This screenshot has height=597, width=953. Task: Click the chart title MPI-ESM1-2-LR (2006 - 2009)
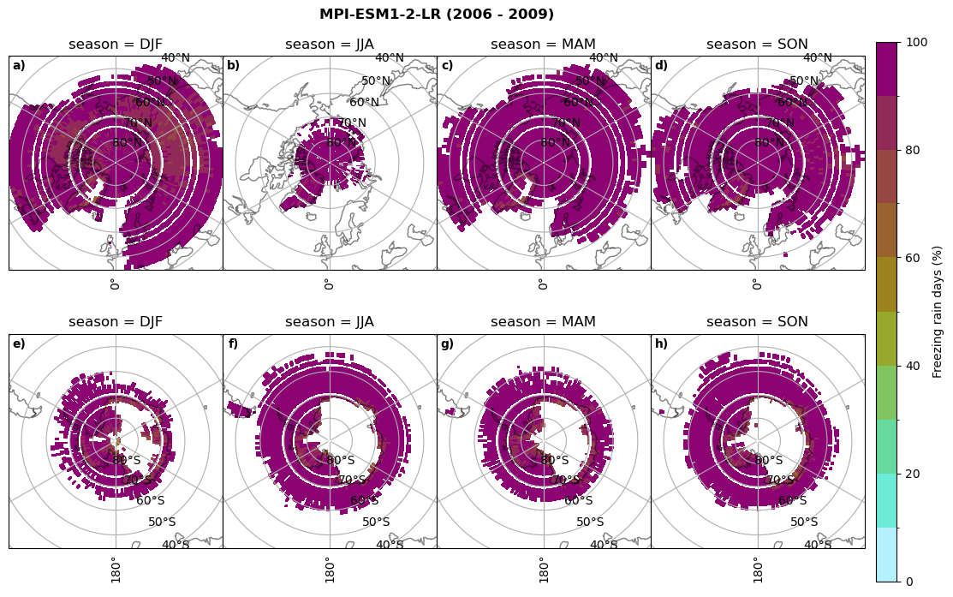pyautogui.click(x=437, y=15)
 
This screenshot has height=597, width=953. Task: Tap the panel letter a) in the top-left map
pyautogui.click(x=19, y=66)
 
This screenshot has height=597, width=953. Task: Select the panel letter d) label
pyautogui.click(x=661, y=66)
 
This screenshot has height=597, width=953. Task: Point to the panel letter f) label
pyautogui.click(x=233, y=344)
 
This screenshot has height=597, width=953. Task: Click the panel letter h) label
pyautogui.click(x=661, y=344)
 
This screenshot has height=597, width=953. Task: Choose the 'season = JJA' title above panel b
pyautogui.click(x=330, y=45)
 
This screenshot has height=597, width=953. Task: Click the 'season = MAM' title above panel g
pyautogui.click(x=543, y=322)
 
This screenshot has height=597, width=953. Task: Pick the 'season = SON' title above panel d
pyautogui.click(x=757, y=45)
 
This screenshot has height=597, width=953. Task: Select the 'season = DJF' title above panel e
pyautogui.click(x=116, y=322)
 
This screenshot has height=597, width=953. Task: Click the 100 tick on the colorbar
pyautogui.click(x=917, y=43)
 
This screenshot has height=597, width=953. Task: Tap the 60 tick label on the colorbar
pyautogui.click(x=913, y=258)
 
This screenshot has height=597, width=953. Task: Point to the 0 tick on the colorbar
pyautogui.click(x=909, y=582)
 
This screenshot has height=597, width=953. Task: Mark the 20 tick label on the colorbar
pyautogui.click(x=913, y=474)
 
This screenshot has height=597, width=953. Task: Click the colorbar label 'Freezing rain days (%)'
pyautogui.click(x=938, y=312)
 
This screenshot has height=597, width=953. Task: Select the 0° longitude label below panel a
pyautogui.click(x=114, y=284)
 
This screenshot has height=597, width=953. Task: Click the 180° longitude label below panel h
pyautogui.click(x=756, y=569)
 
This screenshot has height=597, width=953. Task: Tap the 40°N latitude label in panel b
pyautogui.click(x=389, y=58)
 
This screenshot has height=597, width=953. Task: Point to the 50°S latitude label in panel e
pyautogui.click(x=162, y=522)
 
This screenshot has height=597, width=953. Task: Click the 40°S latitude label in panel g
pyautogui.click(x=603, y=545)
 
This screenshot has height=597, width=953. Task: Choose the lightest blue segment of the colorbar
pyautogui.click(x=887, y=554)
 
